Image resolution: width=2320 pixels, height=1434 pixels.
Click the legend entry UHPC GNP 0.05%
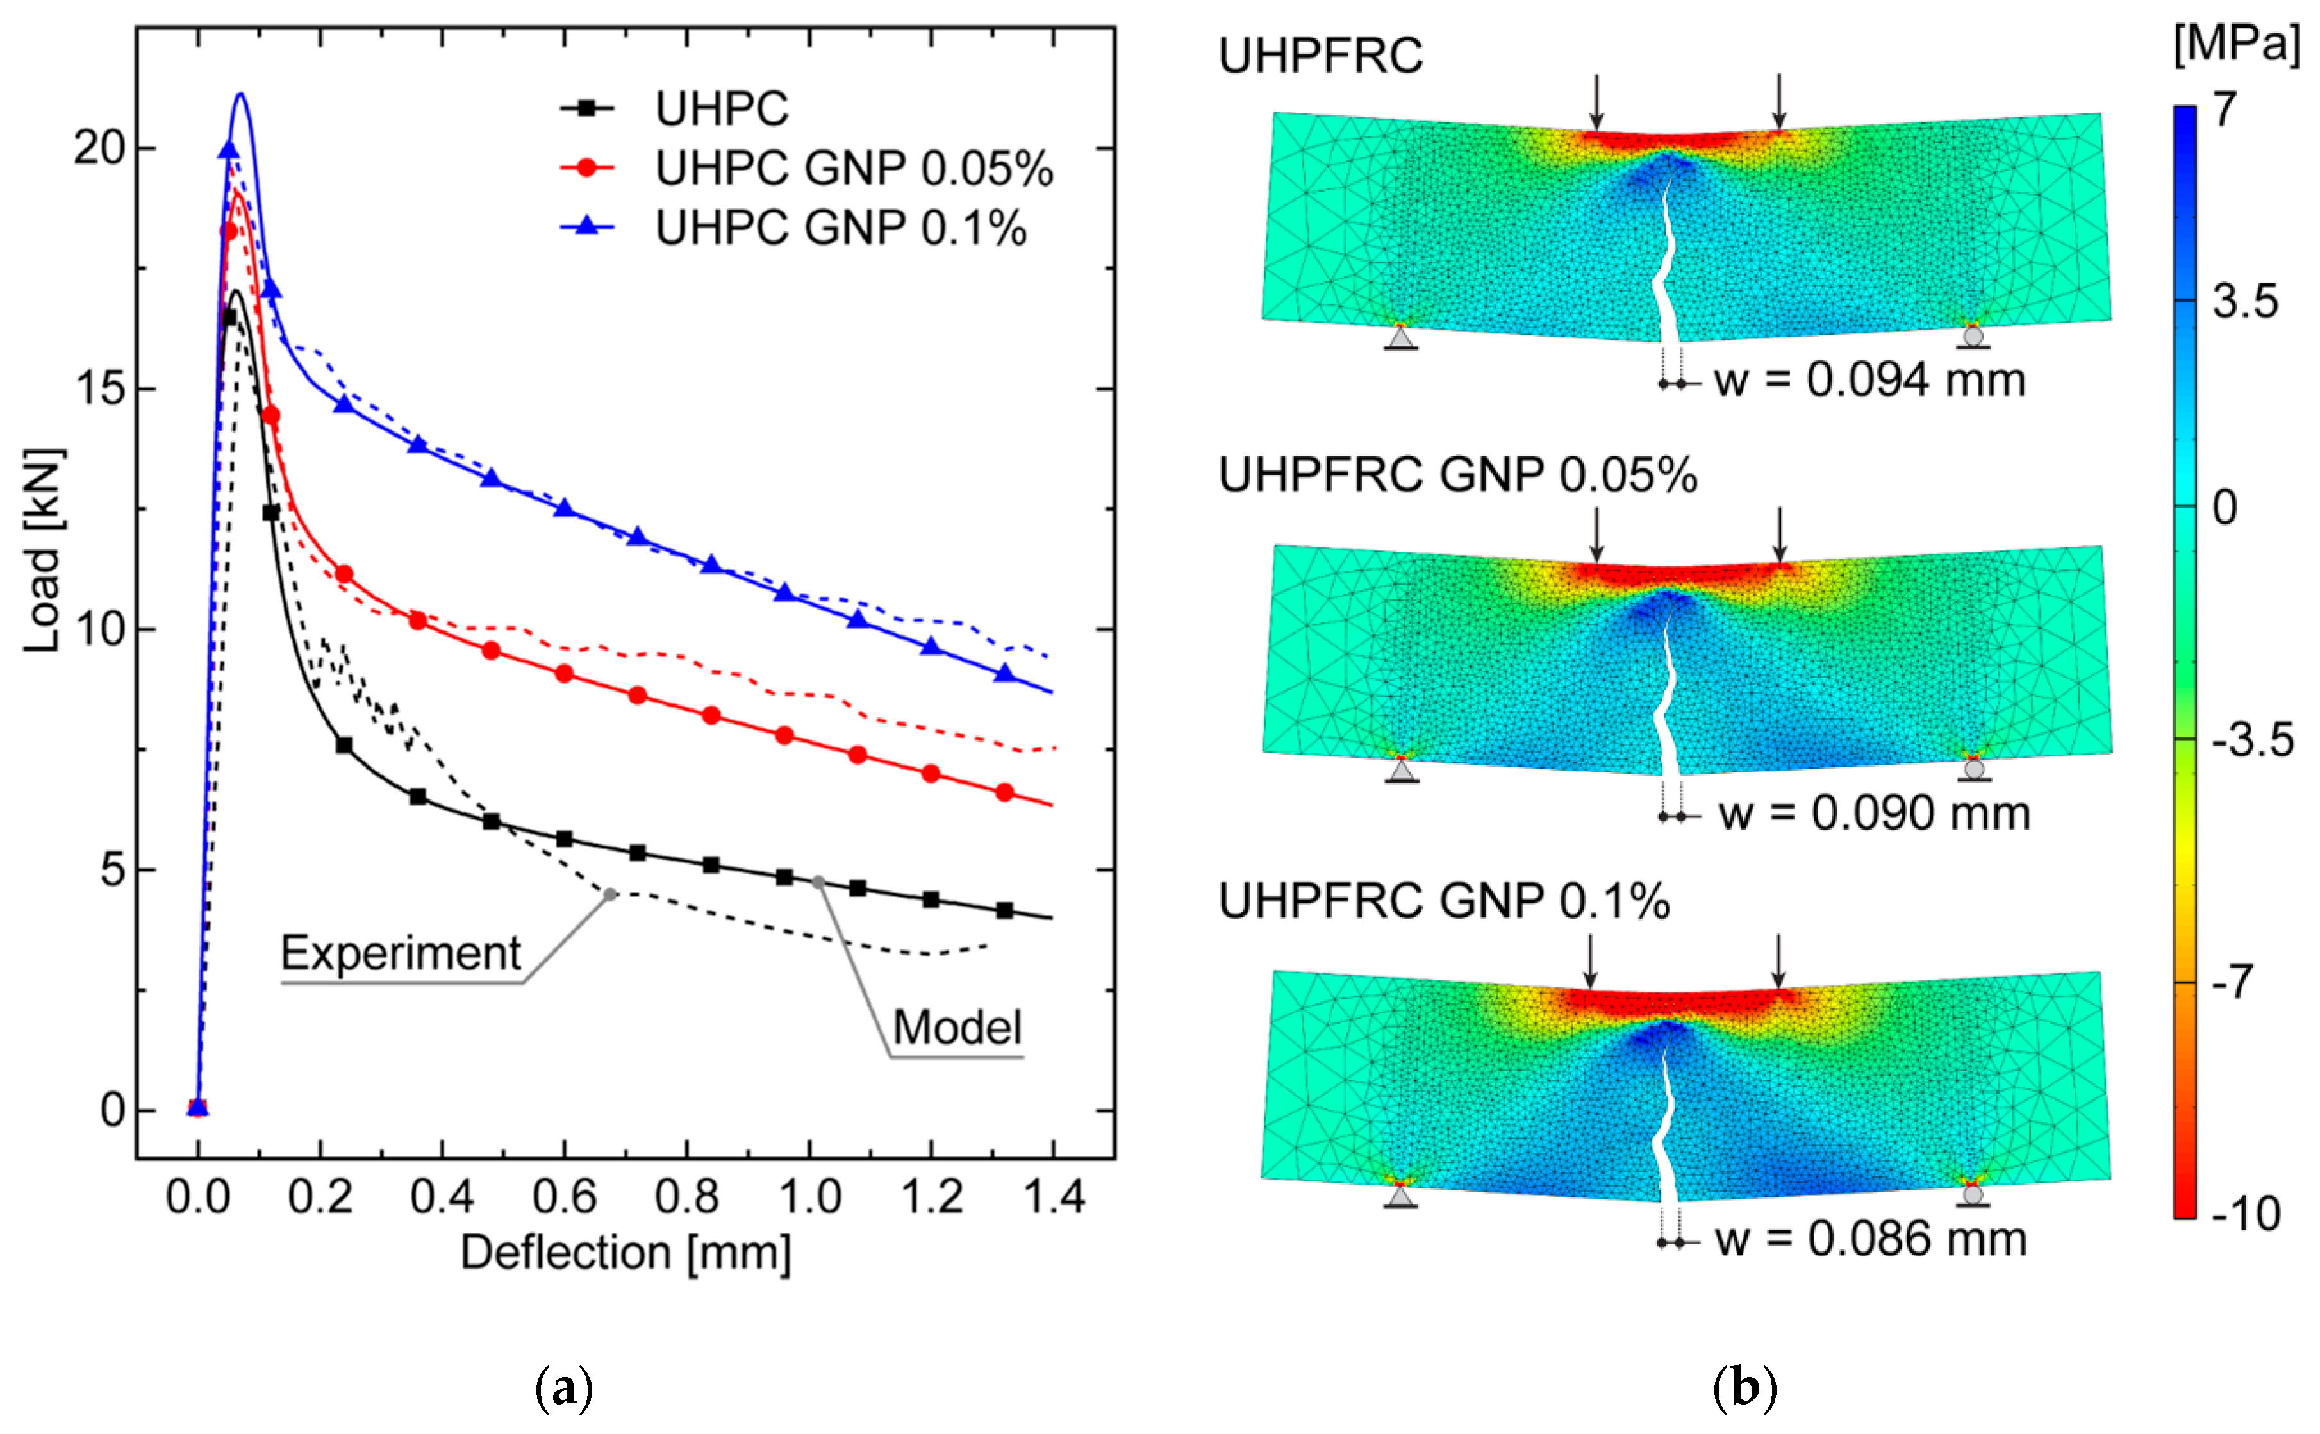click(x=853, y=169)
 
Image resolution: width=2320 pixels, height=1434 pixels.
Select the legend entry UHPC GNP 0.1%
click(x=840, y=229)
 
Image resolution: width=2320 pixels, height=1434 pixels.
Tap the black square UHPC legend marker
click(x=587, y=109)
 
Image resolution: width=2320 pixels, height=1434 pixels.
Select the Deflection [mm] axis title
click(x=626, y=1254)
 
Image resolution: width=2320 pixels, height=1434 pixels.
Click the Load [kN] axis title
click(x=43, y=550)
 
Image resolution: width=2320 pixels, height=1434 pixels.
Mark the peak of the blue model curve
click(x=241, y=93)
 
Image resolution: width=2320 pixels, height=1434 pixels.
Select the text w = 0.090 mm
click(x=1873, y=813)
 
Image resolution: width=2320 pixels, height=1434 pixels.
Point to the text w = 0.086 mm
click(x=1869, y=1240)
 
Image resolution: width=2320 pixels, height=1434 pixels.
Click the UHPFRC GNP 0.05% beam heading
click(x=1457, y=475)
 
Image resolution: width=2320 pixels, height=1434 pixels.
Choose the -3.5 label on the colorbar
click(x=2251, y=740)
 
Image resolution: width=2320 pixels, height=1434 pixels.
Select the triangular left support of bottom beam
click(x=1400, y=1196)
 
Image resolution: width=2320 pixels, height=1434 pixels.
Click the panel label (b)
click(x=1744, y=1388)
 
